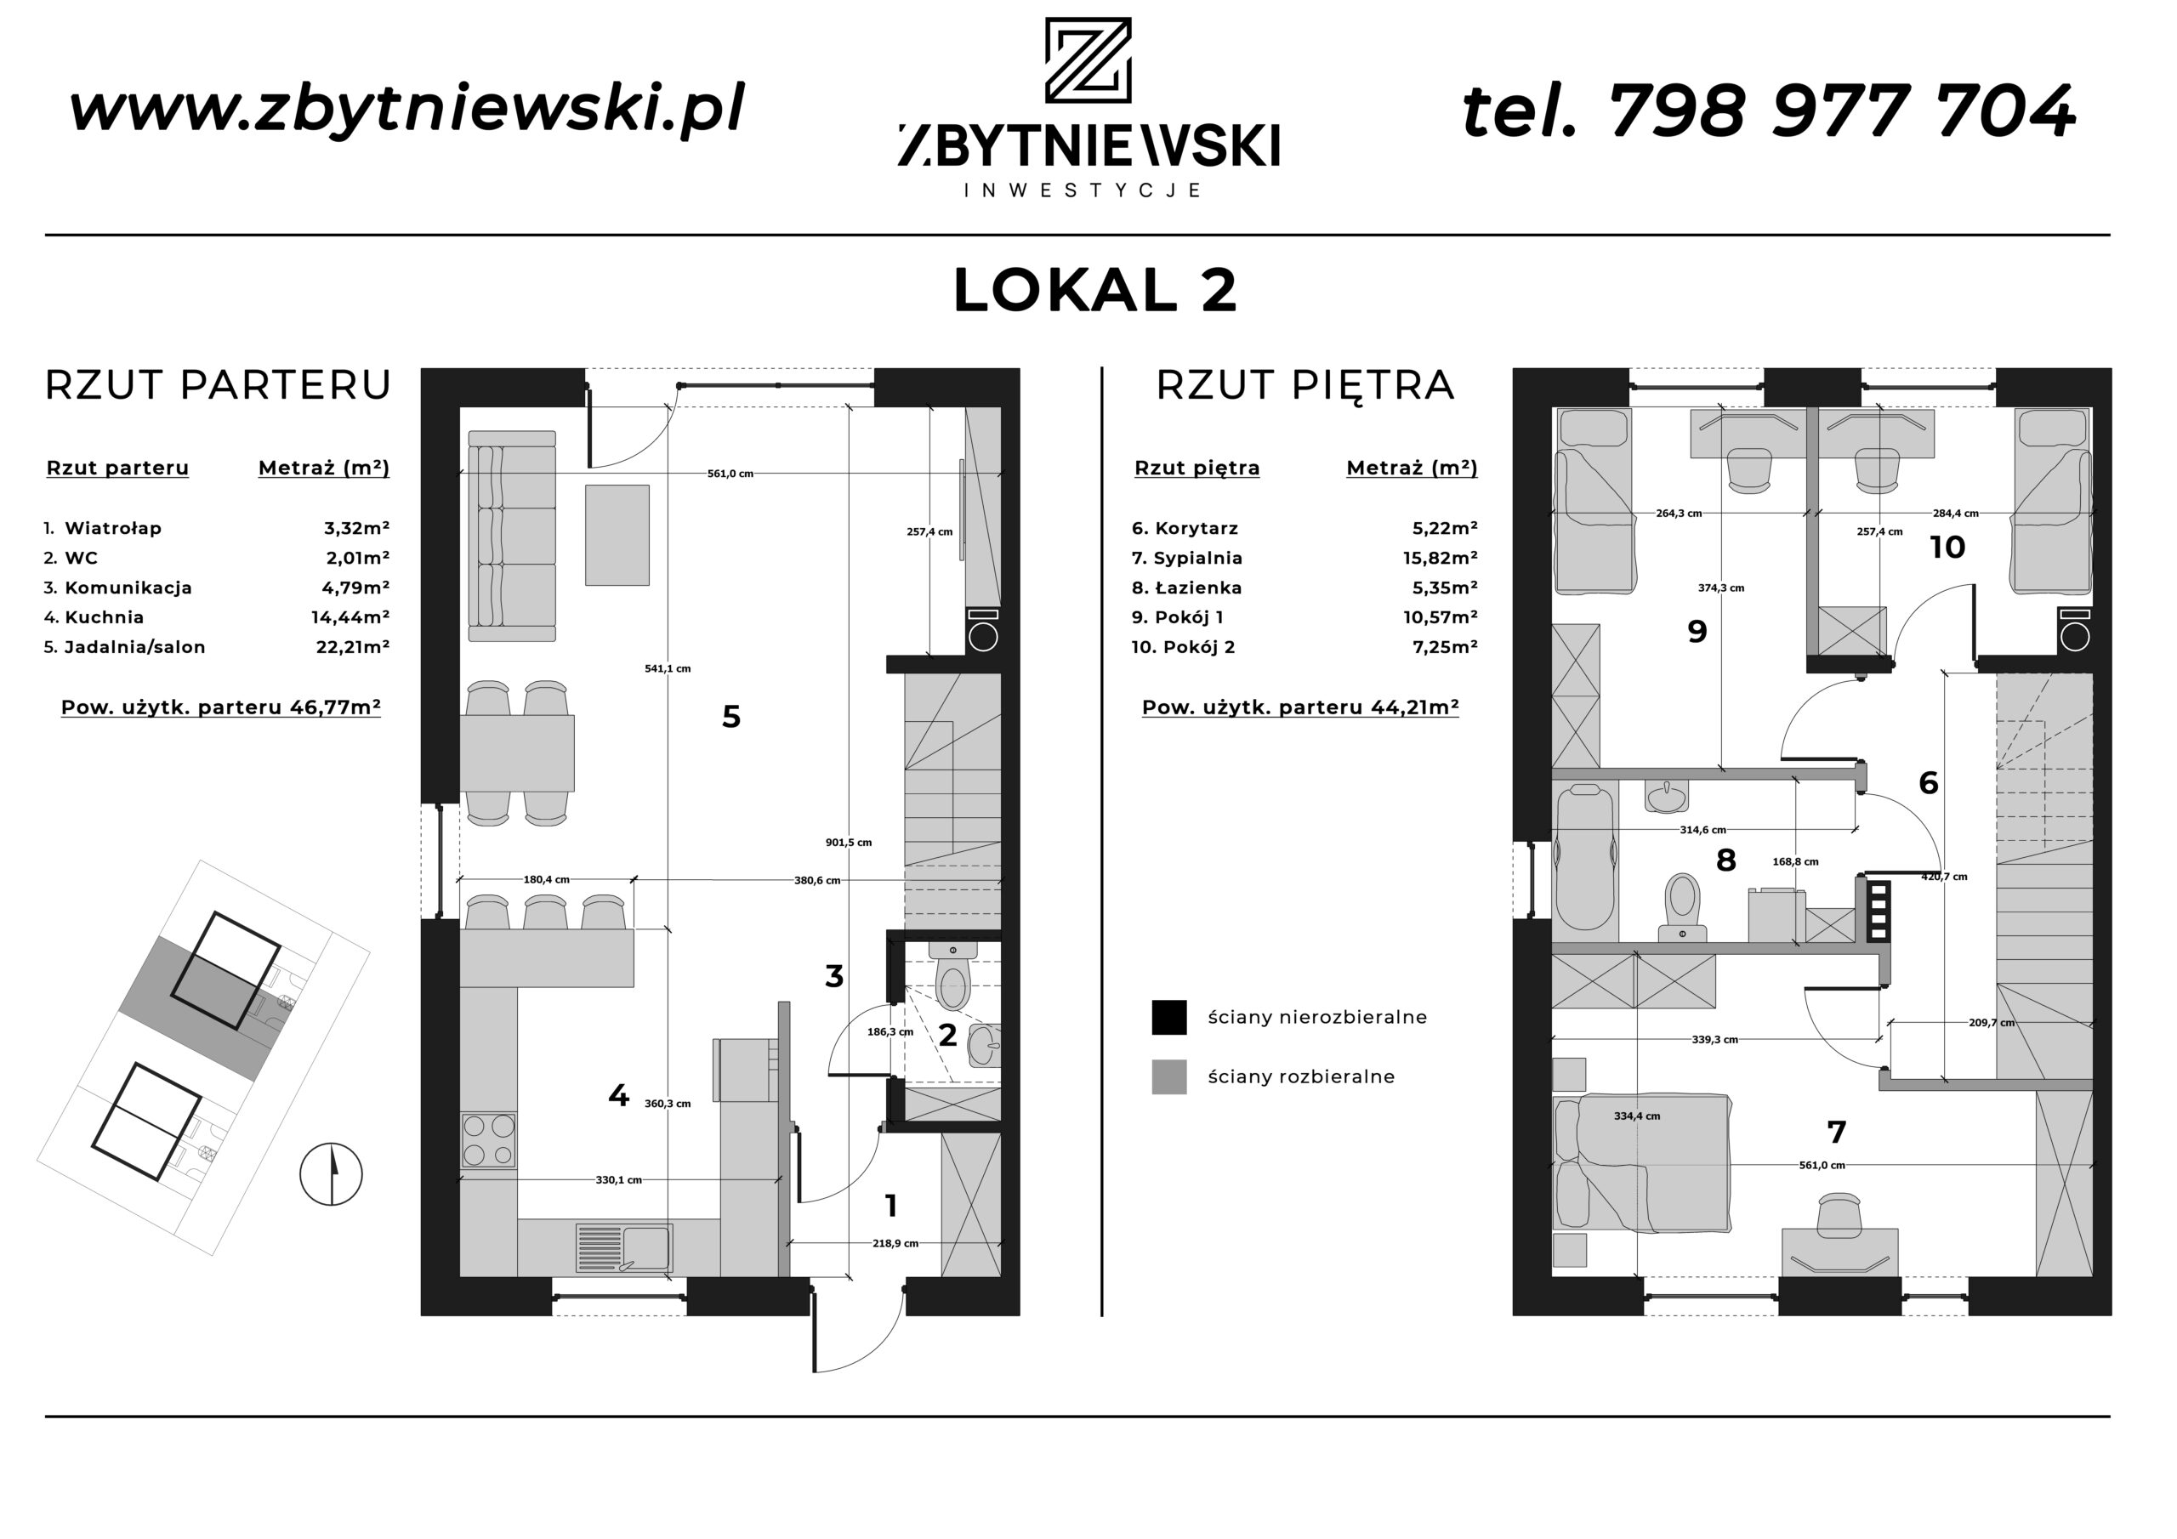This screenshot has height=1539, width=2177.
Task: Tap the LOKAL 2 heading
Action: pos(1095,290)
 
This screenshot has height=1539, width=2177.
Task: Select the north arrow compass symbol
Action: pos(331,1174)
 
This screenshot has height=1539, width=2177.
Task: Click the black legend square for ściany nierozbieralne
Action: pos(1169,1017)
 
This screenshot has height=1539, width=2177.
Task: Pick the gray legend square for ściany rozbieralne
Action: pos(1169,1077)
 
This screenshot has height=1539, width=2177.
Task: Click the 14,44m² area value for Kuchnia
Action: pos(351,617)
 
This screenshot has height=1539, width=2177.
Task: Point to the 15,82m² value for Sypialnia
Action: pos(1441,559)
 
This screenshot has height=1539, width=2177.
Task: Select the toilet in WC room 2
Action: pos(952,978)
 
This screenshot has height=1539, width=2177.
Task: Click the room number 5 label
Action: pos(731,717)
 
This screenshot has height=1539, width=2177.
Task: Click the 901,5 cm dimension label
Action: pos(849,842)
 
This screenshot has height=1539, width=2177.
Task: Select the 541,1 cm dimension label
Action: pos(668,668)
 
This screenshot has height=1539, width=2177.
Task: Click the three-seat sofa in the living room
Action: pos(512,536)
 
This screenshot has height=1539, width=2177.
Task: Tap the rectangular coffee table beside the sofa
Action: pos(617,535)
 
